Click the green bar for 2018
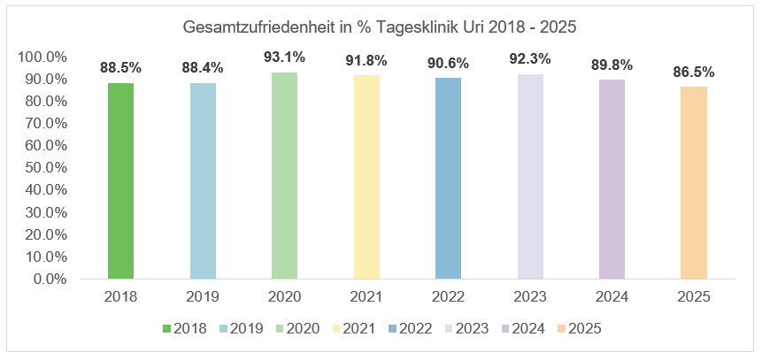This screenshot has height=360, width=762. click(120, 180)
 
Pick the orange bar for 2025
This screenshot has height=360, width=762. click(694, 182)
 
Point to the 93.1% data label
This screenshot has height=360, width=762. click(284, 57)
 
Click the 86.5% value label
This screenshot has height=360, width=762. click(694, 72)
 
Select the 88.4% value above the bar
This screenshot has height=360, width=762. click(203, 67)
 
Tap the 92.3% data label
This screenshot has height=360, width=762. click(530, 59)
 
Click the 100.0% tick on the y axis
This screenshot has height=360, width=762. click(42, 57)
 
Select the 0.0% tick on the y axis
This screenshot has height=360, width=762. click(49, 279)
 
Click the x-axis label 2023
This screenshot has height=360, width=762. click(530, 296)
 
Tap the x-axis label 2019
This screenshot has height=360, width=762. click(203, 296)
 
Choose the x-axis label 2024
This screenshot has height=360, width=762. click(612, 296)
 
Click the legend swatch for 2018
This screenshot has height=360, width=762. click(165, 328)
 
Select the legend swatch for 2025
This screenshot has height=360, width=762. click(555, 328)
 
